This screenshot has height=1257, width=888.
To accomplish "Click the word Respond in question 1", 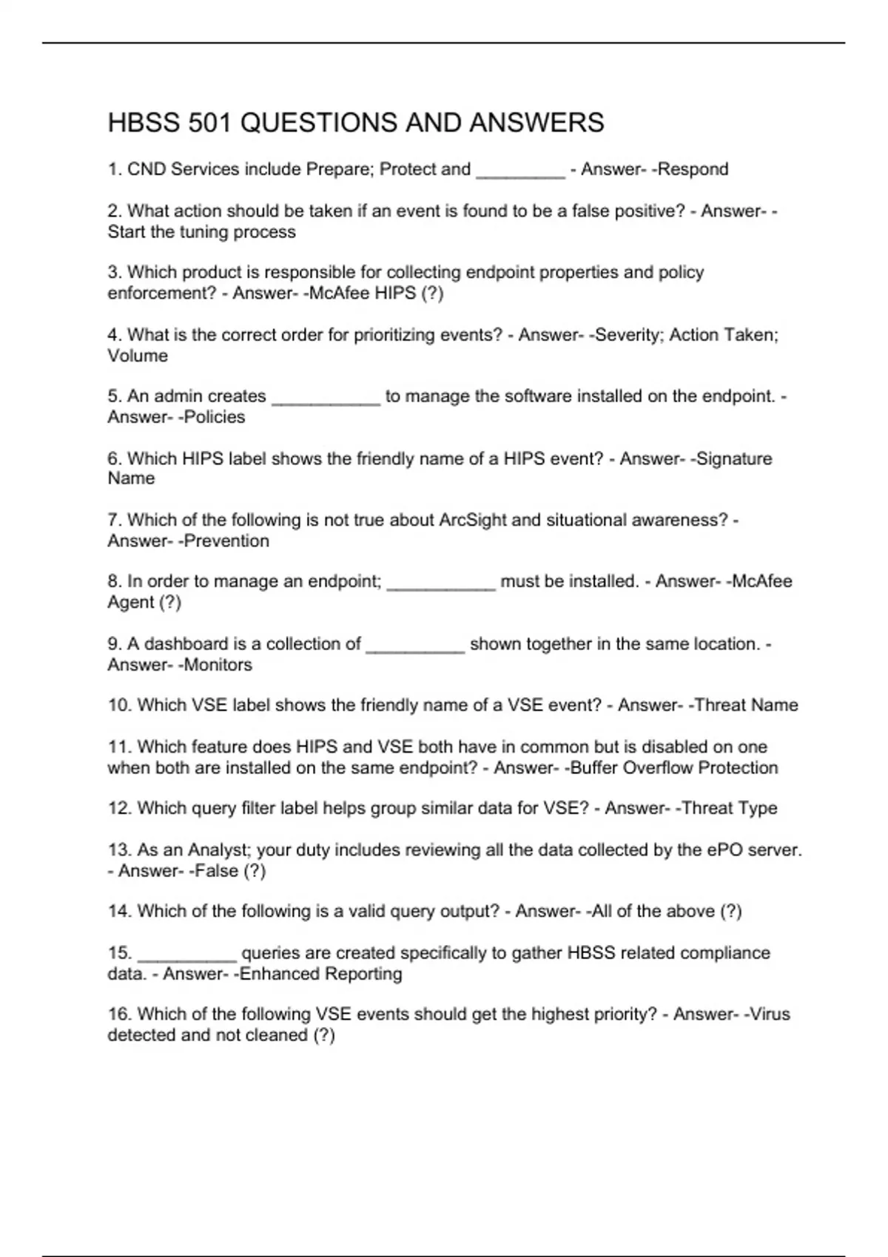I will tap(693, 169).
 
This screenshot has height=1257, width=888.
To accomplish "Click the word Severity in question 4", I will tap(629, 335).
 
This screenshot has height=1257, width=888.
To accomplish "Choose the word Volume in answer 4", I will tap(138, 356).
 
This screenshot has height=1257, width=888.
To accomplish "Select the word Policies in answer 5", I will tap(214, 417).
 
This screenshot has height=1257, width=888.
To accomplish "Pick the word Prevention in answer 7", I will tap(226, 541).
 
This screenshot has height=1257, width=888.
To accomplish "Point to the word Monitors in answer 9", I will tap(218, 665).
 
